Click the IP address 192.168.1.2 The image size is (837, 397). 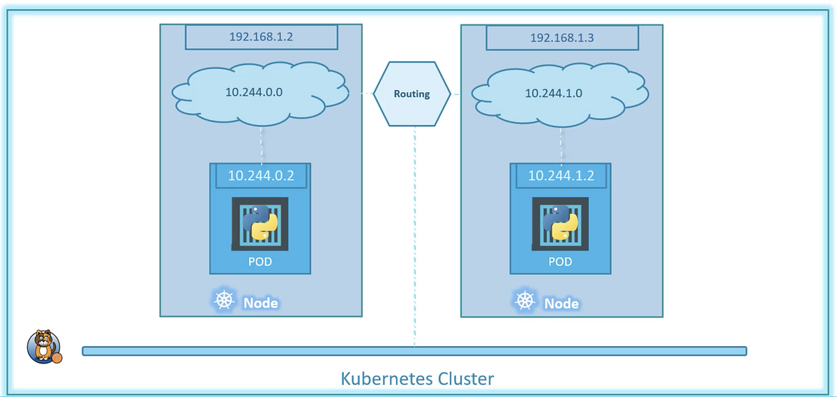tap(261, 37)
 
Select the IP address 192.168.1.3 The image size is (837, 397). tap(561, 38)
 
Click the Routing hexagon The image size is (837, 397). tap(412, 93)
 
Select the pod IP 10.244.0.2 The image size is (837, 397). tap(261, 176)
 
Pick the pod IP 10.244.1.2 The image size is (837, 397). tap(561, 176)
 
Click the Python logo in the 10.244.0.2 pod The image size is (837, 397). tap(259, 223)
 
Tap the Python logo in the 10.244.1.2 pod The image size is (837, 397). tap(560, 223)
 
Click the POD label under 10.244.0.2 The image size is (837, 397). tap(259, 262)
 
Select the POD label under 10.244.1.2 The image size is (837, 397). tap(560, 262)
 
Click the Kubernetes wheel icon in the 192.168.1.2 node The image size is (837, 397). tap(224, 301)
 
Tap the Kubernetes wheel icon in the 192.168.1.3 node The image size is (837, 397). tap(525, 301)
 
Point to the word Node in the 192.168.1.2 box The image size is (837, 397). tap(260, 303)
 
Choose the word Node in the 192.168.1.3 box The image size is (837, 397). tap(561, 304)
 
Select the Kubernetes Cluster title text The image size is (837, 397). tap(417, 379)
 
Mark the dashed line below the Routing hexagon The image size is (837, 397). tap(414, 237)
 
